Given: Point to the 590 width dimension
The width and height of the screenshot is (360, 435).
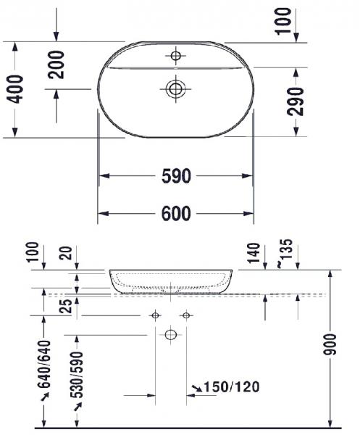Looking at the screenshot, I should (176, 176).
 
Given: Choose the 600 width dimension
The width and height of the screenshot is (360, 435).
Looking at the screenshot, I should (176, 213).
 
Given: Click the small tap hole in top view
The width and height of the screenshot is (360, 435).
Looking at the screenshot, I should (175, 55).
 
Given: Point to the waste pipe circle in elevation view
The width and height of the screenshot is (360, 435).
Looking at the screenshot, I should (171, 335).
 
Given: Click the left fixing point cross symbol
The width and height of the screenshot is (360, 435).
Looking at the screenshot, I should (155, 315).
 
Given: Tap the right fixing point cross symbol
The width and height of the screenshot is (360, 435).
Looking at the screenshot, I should (186, 315).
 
